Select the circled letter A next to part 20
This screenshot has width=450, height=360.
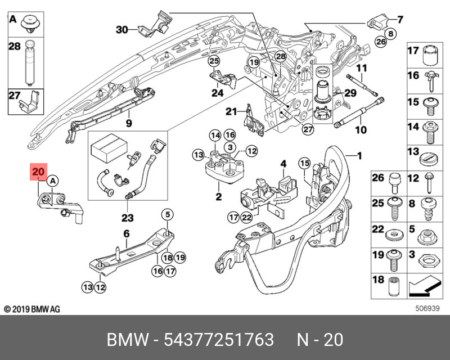click(52, 181)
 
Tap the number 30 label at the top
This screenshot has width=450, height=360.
click(122, 29)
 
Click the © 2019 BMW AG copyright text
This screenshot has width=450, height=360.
click(32, 309)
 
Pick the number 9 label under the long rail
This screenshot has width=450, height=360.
click(128, 123)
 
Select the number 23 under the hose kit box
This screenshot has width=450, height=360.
click(127, 217)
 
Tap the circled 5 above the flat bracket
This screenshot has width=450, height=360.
click(168, 213)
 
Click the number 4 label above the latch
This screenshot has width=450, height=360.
click(283, 164)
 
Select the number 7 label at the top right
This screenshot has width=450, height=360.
click(400, 20)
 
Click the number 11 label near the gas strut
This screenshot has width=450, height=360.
click(361, 68)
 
